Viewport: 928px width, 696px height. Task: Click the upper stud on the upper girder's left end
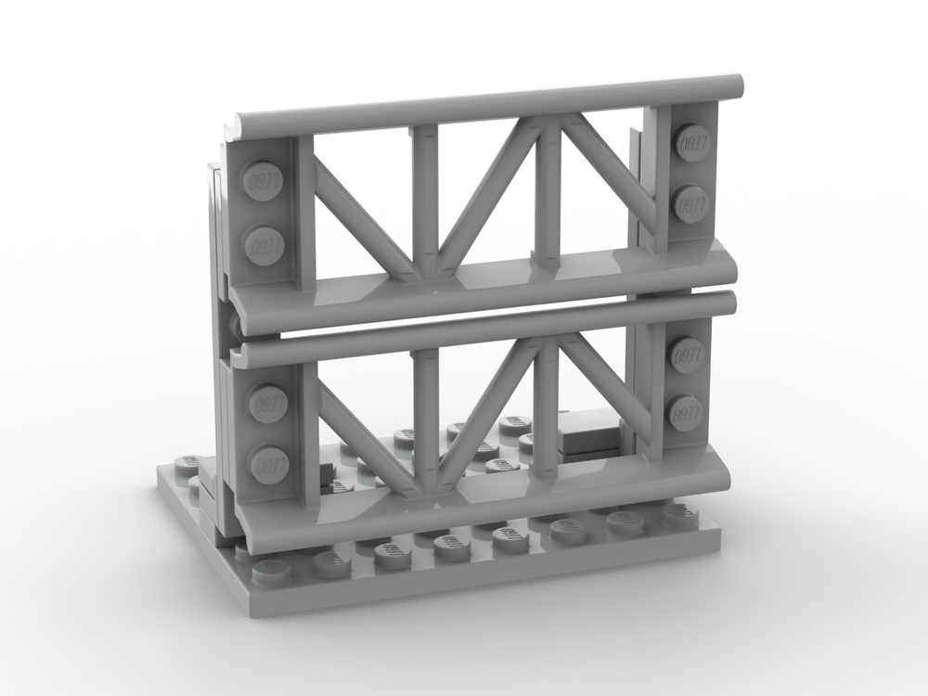262,180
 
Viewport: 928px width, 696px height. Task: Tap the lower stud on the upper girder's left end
264,245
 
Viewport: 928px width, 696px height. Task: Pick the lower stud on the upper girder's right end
690,203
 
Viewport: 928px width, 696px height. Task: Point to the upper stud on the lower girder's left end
267,404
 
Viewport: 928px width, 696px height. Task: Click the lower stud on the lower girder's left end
269,463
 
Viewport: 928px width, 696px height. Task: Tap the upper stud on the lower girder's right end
687,354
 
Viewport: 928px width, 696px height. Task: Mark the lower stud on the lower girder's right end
686,412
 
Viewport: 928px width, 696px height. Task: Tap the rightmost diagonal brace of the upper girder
608,172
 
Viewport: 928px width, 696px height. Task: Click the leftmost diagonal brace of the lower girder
371,436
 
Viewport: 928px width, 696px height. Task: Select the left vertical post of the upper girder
425,200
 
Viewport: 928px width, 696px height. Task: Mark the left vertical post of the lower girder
425,418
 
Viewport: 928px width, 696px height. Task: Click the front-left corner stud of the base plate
271,568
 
